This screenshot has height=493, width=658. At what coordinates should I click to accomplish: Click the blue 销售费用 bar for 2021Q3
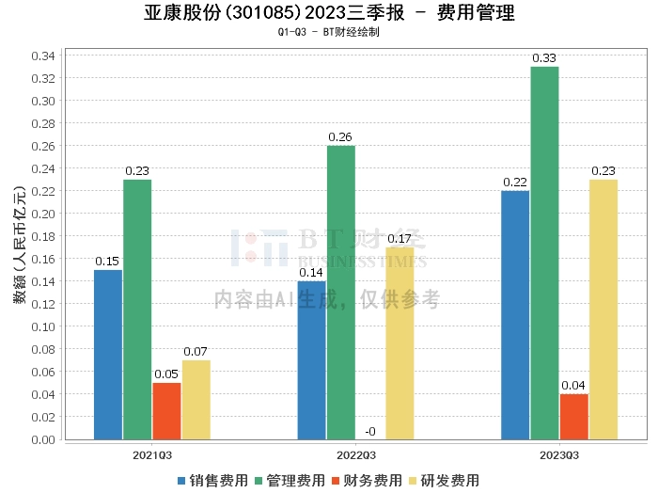pyautogui.click(x=108, y=355)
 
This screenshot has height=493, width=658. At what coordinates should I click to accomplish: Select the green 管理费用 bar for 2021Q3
pyautogui.click(x=137, y=310)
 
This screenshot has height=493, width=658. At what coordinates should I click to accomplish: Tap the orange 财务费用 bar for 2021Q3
pyautogui.click(x=166, y=411)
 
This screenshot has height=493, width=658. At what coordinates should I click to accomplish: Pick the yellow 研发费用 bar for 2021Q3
pyautogui.click(x=196, y=400)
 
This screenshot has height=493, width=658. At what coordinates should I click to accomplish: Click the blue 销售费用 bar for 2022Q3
pyautogui.click(x=311, y=360)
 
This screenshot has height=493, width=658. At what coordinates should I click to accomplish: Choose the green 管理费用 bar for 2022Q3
pyautogui.click(x=341, y=293)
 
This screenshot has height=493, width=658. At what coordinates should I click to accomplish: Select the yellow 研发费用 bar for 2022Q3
pyautogui.click(x=399, y=343)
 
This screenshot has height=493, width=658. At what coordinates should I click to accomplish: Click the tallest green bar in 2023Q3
pyautogui.click(x=544, y=253)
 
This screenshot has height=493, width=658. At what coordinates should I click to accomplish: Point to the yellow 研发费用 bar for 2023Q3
pyautogui.click(x=603, y=310)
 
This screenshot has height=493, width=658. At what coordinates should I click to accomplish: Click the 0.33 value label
pyautogui.click(x=544, y=58)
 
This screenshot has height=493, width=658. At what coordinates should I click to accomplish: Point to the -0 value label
pyautogui.click(x=370, y=431)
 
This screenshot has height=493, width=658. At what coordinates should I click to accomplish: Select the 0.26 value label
pyautogui.click(x=340, y=137)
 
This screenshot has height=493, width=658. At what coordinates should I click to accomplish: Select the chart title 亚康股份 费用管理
pyautogui.click(x=329, y=13)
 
